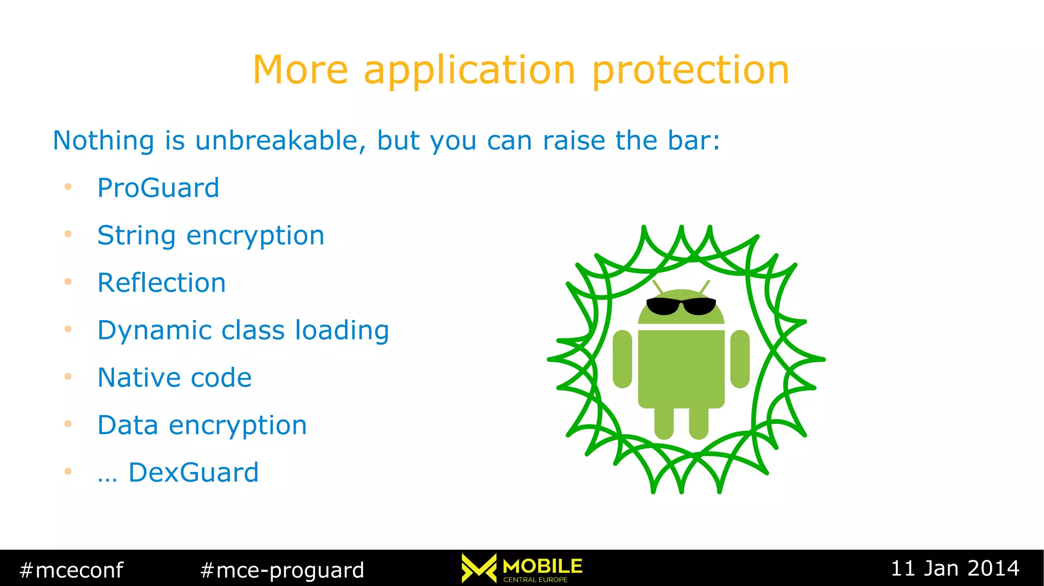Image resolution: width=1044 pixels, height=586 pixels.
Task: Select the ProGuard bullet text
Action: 158,188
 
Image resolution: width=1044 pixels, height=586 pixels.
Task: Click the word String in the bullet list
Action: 136,236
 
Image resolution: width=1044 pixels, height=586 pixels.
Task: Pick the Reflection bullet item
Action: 162,283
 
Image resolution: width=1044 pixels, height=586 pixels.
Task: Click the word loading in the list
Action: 342,330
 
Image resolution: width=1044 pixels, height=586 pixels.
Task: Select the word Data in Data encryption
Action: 127,425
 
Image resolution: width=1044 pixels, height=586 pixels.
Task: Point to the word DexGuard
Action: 193,472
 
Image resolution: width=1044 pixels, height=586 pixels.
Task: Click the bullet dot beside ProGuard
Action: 68,187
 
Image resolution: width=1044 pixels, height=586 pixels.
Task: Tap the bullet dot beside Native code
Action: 68,377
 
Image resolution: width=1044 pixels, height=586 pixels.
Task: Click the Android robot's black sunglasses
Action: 681,306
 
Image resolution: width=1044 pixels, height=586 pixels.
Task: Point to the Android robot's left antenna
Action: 658,286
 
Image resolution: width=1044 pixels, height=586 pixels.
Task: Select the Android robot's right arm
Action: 740,359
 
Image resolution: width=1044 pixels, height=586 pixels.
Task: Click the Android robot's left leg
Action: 664,423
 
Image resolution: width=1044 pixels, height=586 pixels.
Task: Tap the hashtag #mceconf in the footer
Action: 71,570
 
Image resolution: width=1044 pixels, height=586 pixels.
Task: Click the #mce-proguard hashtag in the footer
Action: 282,570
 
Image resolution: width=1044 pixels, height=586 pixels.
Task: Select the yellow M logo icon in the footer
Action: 479,568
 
